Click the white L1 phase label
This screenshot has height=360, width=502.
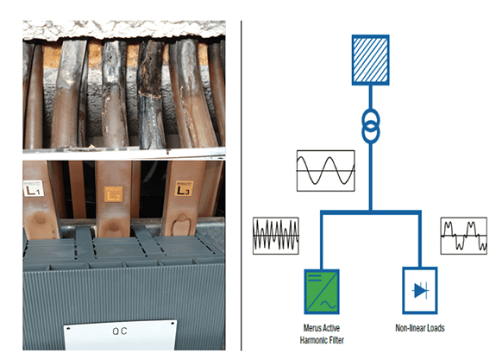click(34, 188)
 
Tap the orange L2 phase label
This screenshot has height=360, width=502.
click(113, 194)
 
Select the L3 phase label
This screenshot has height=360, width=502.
click(184, 189)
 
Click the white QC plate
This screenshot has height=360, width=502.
click(120, 334)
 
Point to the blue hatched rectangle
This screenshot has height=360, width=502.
click(370, 60)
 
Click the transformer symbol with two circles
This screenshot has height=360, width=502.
click(371, 126)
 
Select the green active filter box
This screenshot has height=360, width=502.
click(322, 292)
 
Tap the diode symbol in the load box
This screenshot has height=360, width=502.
click(420, 290)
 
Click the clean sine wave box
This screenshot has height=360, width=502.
click(325, 171)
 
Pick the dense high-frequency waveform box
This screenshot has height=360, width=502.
click(276, 236)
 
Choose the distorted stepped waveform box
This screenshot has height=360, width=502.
click(463, 236)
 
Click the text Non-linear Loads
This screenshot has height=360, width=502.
click(420, 328)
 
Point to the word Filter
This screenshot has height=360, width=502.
click(336, 340)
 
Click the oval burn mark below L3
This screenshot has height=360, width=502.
click(181, 225)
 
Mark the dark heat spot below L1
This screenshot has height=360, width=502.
click(39, 219)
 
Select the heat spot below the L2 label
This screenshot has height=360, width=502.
click(113, 227)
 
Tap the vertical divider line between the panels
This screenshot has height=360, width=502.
click(241, 186)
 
